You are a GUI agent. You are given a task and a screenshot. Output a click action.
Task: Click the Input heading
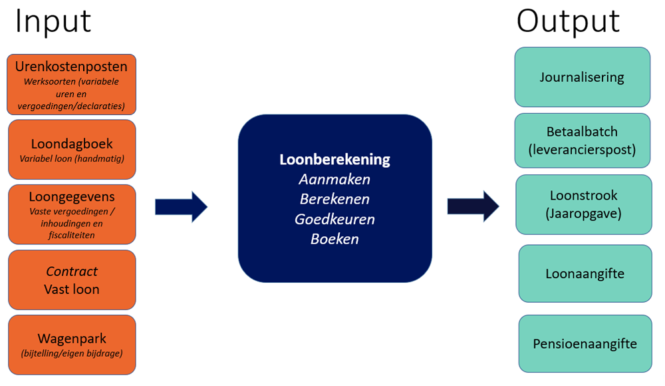point(53,21)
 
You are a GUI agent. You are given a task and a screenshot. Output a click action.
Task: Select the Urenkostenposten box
point(72,85)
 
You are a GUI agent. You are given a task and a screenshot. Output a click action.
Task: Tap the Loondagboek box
point(72,150)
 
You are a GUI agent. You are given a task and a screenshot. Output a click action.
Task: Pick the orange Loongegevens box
point(72,214)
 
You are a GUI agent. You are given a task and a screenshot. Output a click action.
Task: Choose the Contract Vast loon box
point(72,280)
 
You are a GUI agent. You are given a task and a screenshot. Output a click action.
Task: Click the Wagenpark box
point(72,345)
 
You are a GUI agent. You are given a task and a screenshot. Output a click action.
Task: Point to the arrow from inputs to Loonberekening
point(181,207)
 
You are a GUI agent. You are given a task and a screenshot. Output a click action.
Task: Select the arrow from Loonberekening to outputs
point(473,206)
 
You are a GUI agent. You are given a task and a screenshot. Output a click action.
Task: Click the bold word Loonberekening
point(334,160)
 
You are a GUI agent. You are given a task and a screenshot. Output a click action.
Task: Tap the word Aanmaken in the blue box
point(334,180)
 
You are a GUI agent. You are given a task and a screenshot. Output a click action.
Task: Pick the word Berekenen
point(334,200)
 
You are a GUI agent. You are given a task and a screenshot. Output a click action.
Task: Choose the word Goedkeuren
point(334,219)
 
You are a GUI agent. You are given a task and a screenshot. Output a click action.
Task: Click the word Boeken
point(334,239)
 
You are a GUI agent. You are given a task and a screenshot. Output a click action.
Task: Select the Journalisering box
point(582,77)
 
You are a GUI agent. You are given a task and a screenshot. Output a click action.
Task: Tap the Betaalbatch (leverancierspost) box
point(582,140)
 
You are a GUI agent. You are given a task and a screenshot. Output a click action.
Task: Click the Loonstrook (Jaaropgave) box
point(583,204)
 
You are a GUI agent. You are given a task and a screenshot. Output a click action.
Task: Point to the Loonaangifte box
point(585,274)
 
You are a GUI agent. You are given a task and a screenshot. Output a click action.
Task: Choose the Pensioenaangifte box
point(585,343)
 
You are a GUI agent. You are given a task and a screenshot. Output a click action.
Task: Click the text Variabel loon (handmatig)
point(72,158)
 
